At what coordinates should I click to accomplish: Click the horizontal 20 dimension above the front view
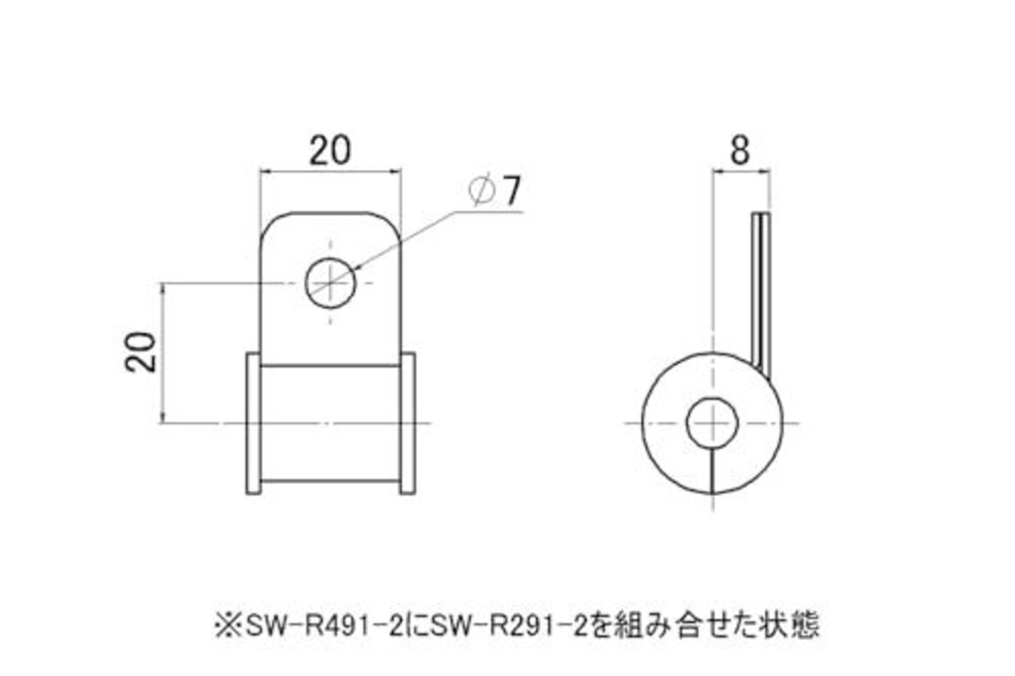click(330, 152)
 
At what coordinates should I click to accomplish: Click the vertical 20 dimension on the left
click(141, 351)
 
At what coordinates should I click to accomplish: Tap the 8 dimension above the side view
click(739, 151)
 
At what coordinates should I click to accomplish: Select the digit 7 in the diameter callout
click(511, 190)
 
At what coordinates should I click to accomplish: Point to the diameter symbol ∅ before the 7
click(482, 190)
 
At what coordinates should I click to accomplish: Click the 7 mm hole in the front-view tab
click(331, 282)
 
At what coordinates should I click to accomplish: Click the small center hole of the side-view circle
click(712, 422)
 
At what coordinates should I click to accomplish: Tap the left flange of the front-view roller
click(253, 423)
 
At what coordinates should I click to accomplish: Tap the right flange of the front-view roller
click(408, 423)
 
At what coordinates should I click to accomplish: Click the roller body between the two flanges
click(331, 423)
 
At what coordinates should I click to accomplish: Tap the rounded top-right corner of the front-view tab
click(390, 223)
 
